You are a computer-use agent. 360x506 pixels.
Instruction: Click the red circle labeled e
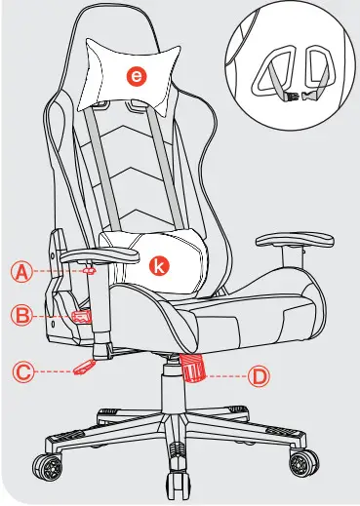[140, 75]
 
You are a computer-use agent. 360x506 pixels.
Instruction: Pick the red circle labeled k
[155, 262]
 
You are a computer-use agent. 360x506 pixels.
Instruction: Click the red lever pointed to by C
[86, 368]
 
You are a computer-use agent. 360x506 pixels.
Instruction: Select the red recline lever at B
[80, 315]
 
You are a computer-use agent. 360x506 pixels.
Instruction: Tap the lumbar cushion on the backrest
[156, 258]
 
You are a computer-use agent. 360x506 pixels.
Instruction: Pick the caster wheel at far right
[303, 459]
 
